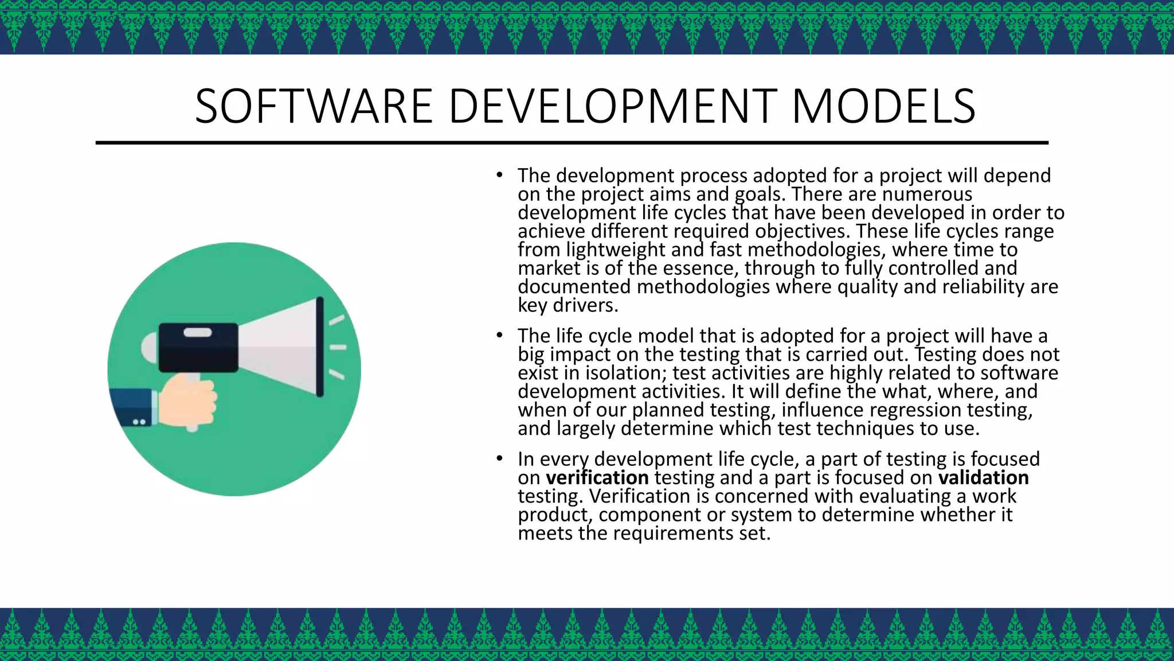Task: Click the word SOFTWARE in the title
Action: (x=313, y=106)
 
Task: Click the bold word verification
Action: (x=597, y=477)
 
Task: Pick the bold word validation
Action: (x=983, y=477)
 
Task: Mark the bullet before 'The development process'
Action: (x=500, y=175)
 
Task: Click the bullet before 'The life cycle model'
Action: (x=500, y=335)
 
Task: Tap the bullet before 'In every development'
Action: (x=500, y=458)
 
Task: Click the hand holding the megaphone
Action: (x=188, y=401)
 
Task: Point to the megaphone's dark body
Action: (x=198, y=347)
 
